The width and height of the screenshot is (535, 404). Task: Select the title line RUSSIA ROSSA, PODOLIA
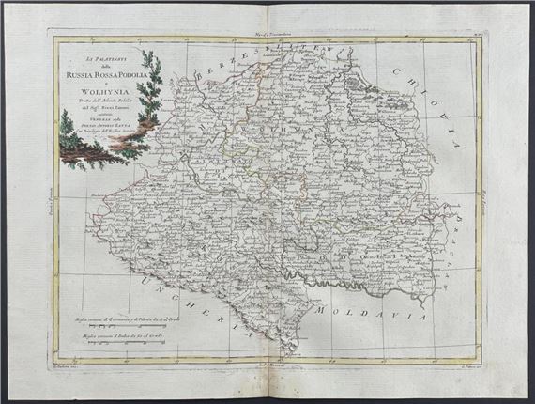coord(106,76)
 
